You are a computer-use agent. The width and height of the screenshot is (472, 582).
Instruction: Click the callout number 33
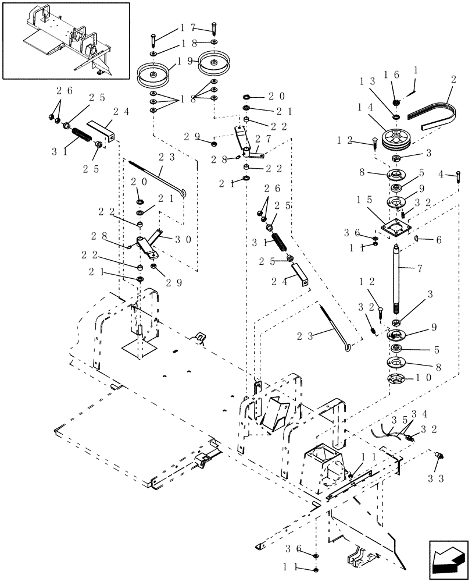point(437,478)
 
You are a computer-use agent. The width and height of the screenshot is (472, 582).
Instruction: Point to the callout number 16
point(391,74)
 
